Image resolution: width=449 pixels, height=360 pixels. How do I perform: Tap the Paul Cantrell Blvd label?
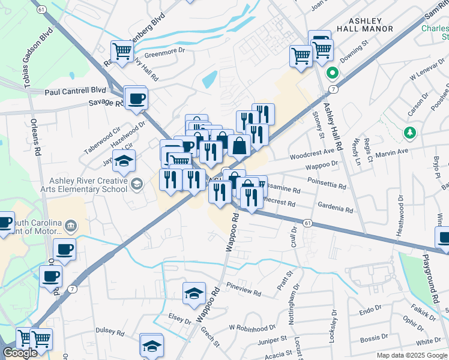(x=71, y=91)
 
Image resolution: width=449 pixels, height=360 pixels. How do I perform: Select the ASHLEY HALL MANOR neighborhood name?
(x=366, y=24)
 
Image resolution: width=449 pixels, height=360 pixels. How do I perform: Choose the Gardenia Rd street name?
(x=337, y=208)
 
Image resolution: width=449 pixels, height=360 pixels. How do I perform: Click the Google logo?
(x=19, y=353)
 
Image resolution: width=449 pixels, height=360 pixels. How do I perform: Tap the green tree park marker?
(x=410, y=132)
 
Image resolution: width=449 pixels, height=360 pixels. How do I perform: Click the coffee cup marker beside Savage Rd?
(x=136, y=98)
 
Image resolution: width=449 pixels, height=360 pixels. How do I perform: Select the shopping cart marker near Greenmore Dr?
(x=122, y=51)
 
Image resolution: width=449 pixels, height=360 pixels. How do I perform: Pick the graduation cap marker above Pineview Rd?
(x=194, y=293)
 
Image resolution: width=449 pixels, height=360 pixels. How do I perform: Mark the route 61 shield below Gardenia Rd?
(x=307, y=223)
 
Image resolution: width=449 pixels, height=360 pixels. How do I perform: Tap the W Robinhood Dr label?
(x=252, y=328)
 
